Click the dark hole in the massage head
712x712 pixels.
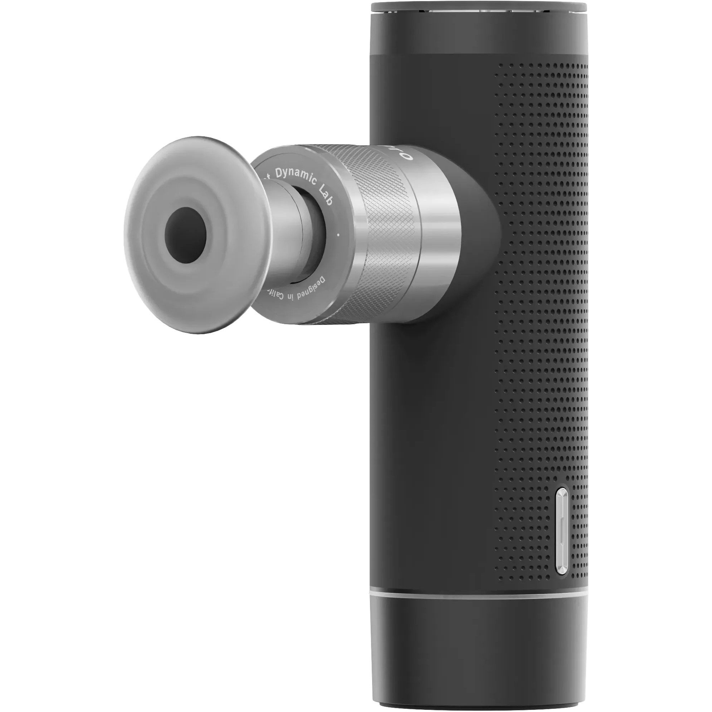(185, 235)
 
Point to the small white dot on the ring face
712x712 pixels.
(338, 233)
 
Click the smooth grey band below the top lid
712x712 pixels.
(476, 37)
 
